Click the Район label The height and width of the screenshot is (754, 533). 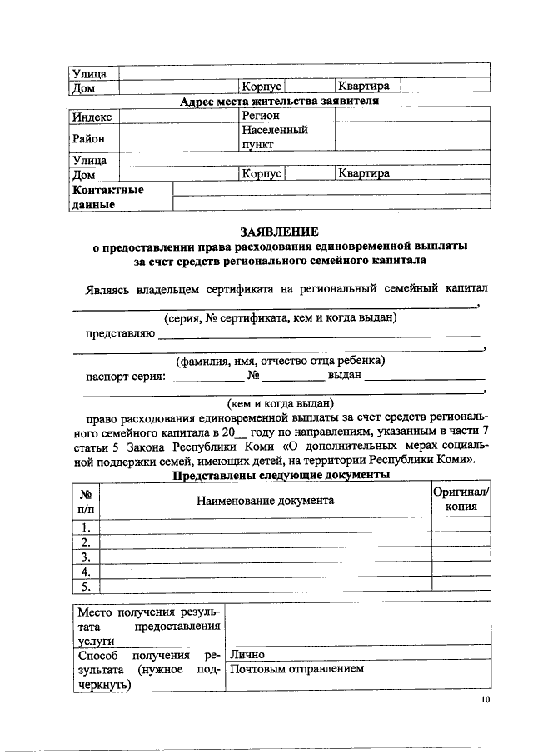90,137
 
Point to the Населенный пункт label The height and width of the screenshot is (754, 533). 275,137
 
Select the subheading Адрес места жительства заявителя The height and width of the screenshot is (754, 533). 280,102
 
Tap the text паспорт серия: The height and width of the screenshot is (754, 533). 126,376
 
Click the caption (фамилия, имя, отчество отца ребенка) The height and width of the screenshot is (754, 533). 280,361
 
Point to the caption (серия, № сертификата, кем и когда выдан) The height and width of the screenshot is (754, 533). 280,318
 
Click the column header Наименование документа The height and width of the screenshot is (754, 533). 265,500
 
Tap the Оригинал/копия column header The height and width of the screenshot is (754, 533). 461,500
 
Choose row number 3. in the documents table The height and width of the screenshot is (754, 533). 86,556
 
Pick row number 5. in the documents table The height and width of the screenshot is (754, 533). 86,586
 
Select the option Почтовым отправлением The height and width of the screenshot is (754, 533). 296,669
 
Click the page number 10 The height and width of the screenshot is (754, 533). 485,700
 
